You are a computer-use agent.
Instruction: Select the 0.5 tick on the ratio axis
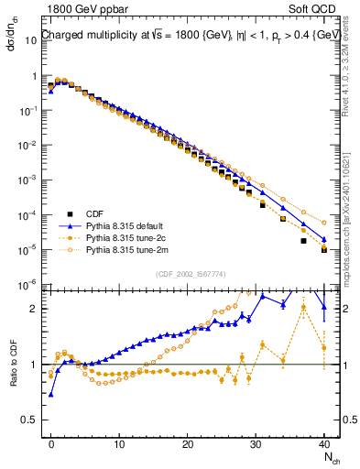coord(34,420)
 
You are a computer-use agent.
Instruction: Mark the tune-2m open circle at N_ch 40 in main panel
coord(324,221)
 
